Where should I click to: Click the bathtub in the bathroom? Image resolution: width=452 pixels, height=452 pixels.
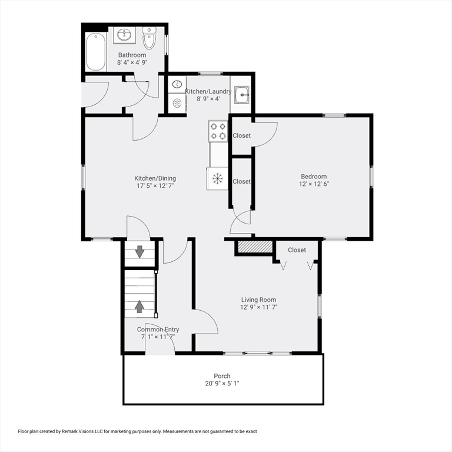[95, 52]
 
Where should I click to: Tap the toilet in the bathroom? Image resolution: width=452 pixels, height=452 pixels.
[149, 38]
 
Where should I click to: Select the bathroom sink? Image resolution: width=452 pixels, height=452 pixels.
[125, 35]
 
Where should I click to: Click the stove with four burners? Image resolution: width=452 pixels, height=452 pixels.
[218, 131]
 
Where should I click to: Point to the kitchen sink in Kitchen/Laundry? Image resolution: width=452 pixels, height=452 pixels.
[242, 95]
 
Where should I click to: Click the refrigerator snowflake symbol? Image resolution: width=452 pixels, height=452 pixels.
[217, 178]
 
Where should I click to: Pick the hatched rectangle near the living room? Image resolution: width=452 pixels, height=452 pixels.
[255, 247]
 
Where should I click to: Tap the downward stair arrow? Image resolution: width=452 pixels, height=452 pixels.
[140, 252]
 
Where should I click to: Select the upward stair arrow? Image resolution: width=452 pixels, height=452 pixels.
[139, 307]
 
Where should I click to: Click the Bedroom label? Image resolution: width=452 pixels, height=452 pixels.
[314, 177]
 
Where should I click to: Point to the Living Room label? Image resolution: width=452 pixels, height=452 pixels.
[258, 300]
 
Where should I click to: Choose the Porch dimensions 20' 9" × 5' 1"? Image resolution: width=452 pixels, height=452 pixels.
[222, 383]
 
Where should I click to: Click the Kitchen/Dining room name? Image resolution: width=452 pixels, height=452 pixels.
[155, 178]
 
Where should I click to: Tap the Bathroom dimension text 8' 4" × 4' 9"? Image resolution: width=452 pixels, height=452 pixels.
[132, 62]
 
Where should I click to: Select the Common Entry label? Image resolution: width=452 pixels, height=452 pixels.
[158, 329]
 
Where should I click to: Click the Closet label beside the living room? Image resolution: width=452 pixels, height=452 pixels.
[297, 250]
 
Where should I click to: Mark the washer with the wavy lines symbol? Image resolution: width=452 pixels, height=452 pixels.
[177, 102]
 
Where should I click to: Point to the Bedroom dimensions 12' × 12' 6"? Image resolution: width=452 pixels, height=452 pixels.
[314, 184]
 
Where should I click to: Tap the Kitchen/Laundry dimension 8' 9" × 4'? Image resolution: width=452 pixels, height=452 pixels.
[208, 99]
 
